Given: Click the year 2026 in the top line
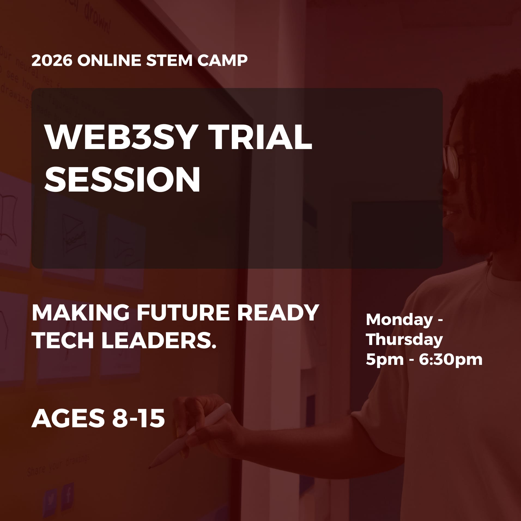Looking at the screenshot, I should tap(52, 60).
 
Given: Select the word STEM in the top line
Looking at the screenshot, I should tap(169, 60).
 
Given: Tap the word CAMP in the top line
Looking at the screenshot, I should tap(222, 60).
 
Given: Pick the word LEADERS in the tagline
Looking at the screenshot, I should tap(158, 341).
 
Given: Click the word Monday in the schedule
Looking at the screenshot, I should tap(399, 319).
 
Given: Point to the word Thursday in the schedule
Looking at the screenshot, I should tap(404, 340).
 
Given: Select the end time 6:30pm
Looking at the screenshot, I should tap(450, 360).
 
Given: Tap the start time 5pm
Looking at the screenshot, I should tap(384, 360).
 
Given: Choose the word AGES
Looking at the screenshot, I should tap(68, 419).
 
